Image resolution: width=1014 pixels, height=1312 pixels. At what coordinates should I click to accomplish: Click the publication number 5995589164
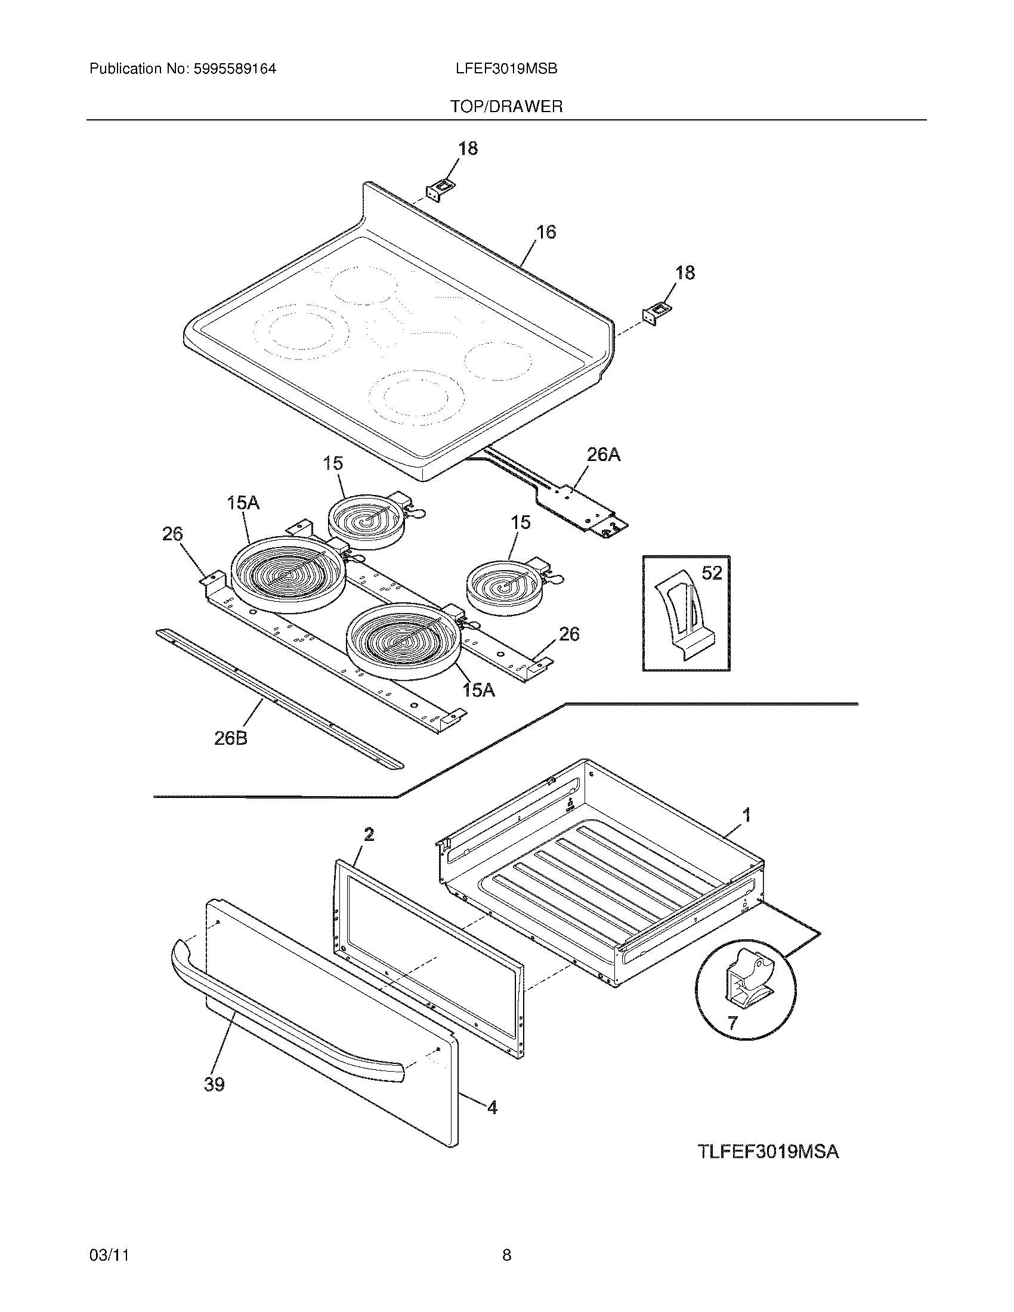tap(235, 69)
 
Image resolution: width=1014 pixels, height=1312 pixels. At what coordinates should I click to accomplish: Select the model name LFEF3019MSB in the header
tap(506, 69)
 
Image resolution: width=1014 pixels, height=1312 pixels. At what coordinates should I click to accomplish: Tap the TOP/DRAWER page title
tap(506, 107)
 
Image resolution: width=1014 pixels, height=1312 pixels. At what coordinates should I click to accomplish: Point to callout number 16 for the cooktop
tap(545, 232)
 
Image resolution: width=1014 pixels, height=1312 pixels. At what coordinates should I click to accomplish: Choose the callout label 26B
tap(231, 738)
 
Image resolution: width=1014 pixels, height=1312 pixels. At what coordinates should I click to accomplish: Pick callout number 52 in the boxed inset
tap(712, 573)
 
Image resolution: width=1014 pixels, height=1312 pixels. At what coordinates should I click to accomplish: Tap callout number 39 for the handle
tap(215, 1084)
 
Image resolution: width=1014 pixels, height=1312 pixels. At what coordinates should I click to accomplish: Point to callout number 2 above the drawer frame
tap(369, 834)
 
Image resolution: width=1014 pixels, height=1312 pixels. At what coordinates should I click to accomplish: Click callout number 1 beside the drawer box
tap(747, 815)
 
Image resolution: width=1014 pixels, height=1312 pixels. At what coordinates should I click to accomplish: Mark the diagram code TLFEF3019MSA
tap(768, 1152)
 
